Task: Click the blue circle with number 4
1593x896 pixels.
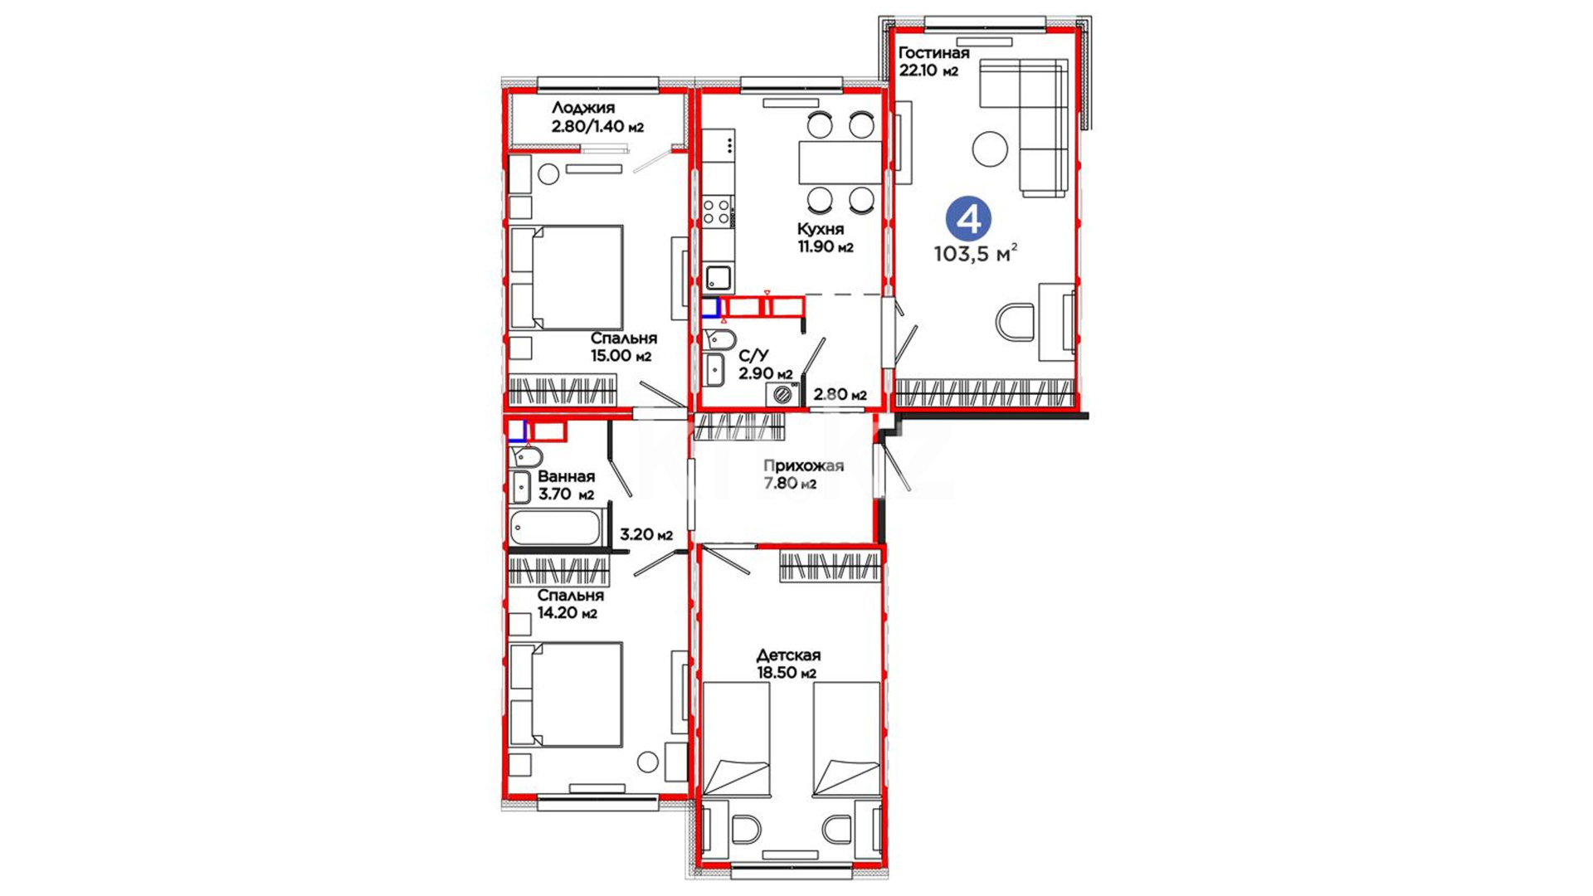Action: [968, 219]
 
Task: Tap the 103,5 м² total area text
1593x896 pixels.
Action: [976, 254]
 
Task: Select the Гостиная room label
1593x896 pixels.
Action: [933, 53]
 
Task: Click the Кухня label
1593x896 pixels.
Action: [821, 229]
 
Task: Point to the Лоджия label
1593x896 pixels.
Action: [583, 108]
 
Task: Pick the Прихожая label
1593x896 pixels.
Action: [803, 465]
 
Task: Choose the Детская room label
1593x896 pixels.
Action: [788, 655]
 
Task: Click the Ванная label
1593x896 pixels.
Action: [566, 477]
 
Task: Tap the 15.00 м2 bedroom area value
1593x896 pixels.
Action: [621, 357]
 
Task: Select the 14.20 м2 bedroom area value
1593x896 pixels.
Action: [567, 614]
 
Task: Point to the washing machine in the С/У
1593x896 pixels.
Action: [783, 394]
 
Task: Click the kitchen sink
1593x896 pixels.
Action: [719, 276]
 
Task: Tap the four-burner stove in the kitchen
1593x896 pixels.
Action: [719, 211]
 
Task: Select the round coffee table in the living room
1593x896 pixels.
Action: [990, 150]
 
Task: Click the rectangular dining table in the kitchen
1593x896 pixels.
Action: [840, 163]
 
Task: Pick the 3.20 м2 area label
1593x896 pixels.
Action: [646, 535]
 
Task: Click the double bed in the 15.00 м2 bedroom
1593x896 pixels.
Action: [567, 278]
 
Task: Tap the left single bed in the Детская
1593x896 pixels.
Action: [737, 738]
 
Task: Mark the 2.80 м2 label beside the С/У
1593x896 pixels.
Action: [840, 395]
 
